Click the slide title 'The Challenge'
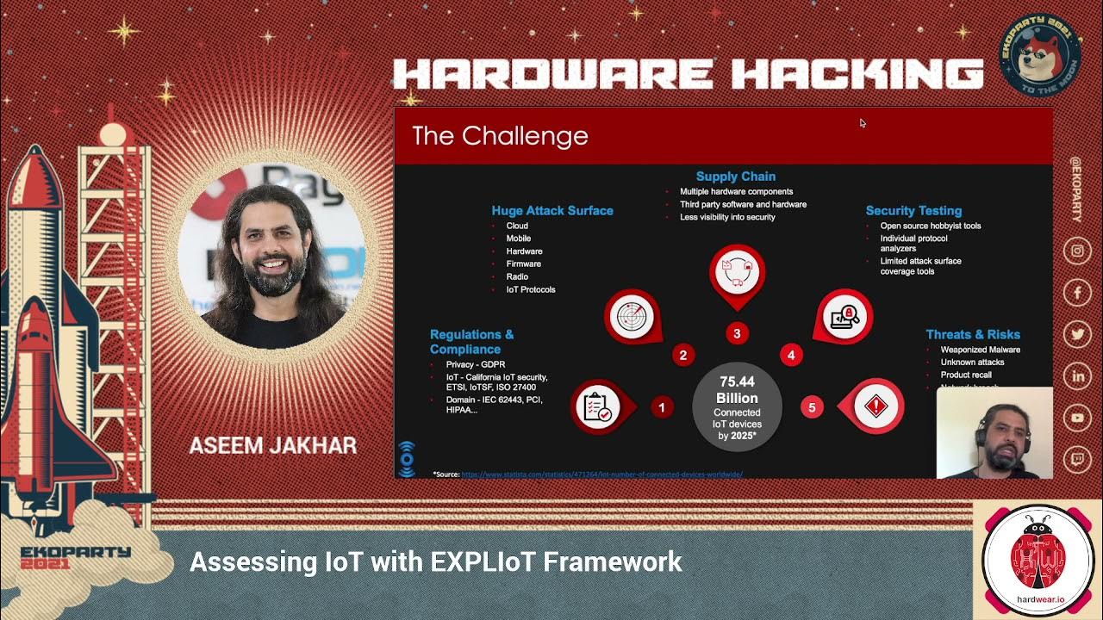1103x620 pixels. (500, 136)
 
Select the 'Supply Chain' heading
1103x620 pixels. (735, 177)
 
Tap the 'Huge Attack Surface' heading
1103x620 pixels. (552, 210)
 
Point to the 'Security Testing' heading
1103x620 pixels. (913, 210)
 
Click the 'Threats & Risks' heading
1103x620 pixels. (973, 334)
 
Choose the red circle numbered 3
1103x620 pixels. (737, 333)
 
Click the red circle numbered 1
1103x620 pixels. (662, 407)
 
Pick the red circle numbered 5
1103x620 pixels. (812, 407)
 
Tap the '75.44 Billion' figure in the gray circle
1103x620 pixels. (737, 390)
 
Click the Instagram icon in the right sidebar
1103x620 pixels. (1077, 251)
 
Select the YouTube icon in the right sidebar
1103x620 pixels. (1077, 418)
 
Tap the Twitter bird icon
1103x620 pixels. (1077, 335)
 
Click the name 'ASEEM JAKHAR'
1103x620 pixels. (272, 445)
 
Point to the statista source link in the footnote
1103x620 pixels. (601, 474)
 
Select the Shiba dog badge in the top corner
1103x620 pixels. (1039, 54)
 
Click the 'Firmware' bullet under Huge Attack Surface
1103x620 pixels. (524, 264)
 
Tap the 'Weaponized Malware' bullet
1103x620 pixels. (980, 350)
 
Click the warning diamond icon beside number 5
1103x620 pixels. (876, 406)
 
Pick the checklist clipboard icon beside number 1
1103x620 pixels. (597, 406)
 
